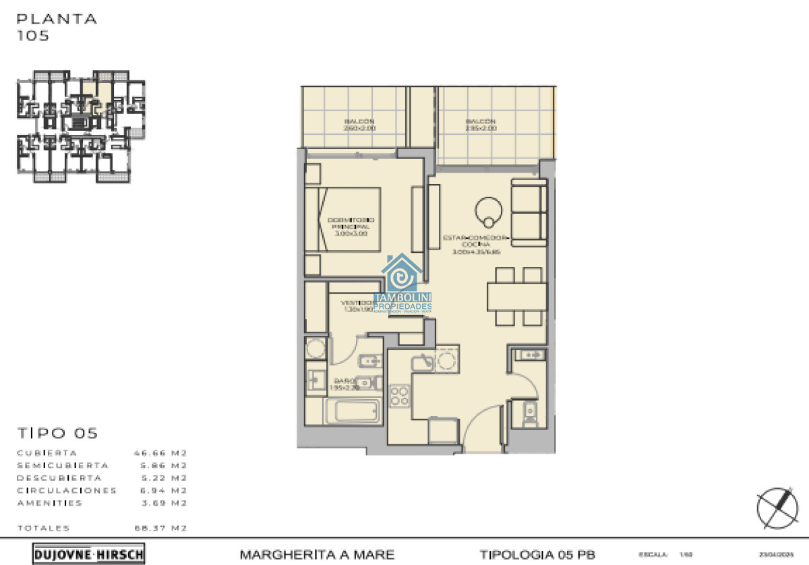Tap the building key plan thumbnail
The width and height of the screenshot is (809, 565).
point(81,125)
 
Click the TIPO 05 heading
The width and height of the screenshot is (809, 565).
point(57,433)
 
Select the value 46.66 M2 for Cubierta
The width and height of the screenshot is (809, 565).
point(160,453)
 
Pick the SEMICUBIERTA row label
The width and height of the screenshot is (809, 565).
point(62,465)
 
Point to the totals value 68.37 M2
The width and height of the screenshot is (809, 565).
point(160,528)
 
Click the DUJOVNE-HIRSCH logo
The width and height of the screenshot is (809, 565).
point(88,554)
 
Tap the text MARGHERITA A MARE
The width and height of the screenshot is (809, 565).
point(317,555)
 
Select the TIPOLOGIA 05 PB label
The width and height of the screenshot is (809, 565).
point(537,555)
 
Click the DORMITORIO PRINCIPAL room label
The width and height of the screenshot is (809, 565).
point(351,226)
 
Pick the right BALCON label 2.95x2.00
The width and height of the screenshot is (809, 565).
point(480,125)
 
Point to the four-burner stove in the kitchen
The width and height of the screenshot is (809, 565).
point(400,395)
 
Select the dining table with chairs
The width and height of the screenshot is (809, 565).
point(517,296)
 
